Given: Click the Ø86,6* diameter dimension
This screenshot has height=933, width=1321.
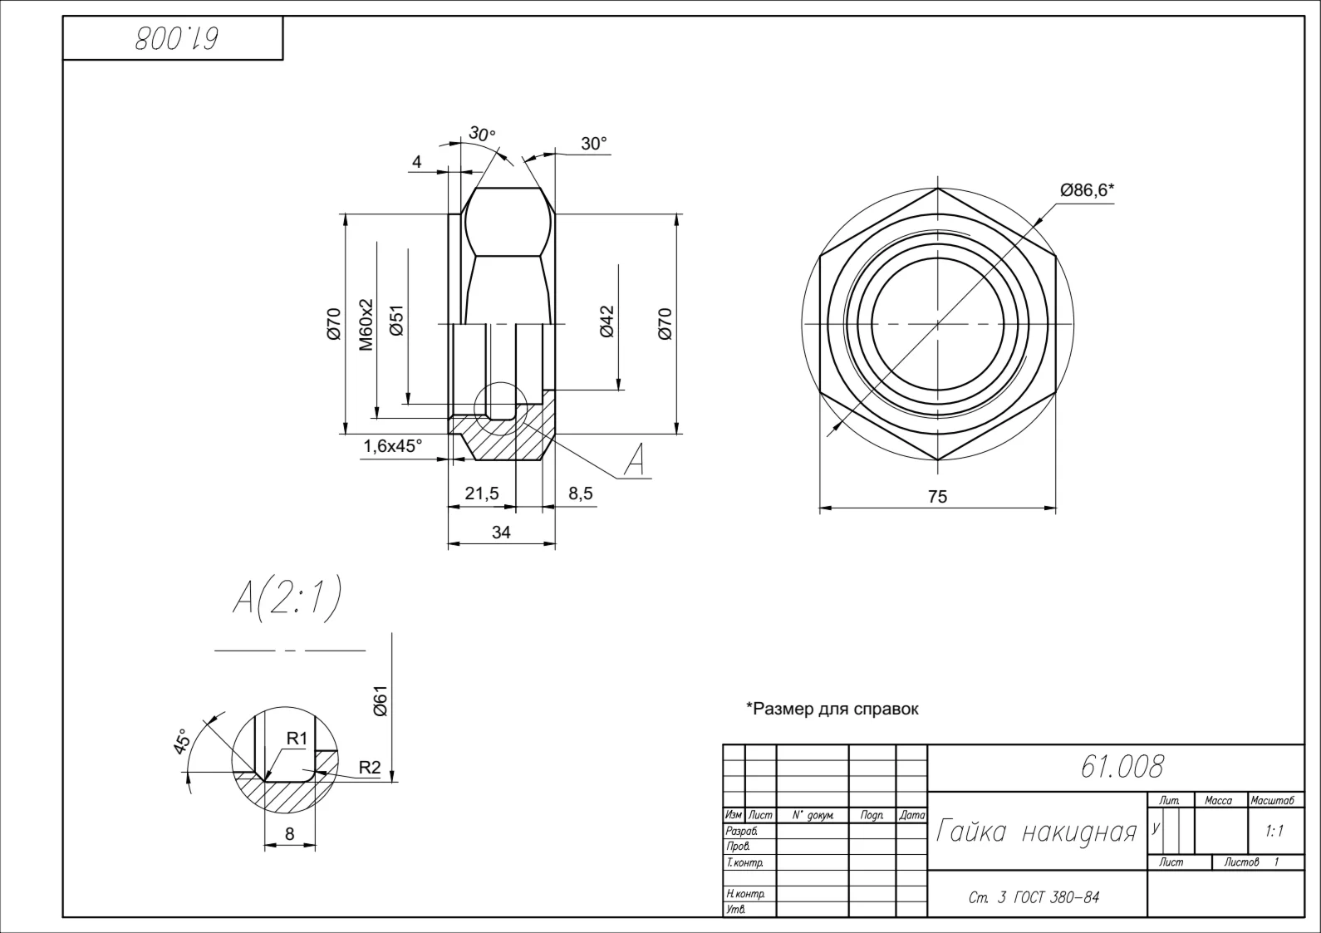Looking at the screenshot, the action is [1087, 190].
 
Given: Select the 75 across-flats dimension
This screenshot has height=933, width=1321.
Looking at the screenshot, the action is [937, 497].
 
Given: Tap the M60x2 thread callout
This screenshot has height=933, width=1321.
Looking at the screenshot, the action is [366, 324].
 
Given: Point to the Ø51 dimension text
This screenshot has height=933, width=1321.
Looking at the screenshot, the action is [396, 320].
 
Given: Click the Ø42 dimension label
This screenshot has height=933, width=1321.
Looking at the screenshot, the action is [606, 322].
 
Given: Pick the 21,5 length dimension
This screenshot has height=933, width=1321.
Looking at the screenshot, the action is [482, 493].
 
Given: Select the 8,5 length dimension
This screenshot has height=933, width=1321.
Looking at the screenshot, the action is [580, 493].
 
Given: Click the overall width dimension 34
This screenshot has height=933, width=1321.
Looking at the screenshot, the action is [501, 532].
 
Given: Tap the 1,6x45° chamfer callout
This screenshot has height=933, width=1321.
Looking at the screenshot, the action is [393, 446].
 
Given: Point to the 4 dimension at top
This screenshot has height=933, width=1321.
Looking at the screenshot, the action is [417, 162].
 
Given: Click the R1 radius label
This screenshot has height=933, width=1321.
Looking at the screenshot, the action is [297, 739].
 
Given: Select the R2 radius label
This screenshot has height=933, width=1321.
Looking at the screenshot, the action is [370, 768].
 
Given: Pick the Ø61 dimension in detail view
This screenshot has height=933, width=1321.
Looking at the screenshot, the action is [381, 700].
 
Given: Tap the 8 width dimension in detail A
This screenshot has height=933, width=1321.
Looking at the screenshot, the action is [290, 833].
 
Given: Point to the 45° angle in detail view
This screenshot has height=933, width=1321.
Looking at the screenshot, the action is [182, 741].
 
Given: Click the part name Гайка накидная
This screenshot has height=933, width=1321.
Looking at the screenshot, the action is [1036, 831].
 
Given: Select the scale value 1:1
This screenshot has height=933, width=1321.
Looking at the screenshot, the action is [1274, 832].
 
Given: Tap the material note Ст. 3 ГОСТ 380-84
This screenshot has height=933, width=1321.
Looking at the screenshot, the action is [1034, 897].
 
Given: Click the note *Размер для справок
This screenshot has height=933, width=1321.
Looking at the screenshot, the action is [832, 709].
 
